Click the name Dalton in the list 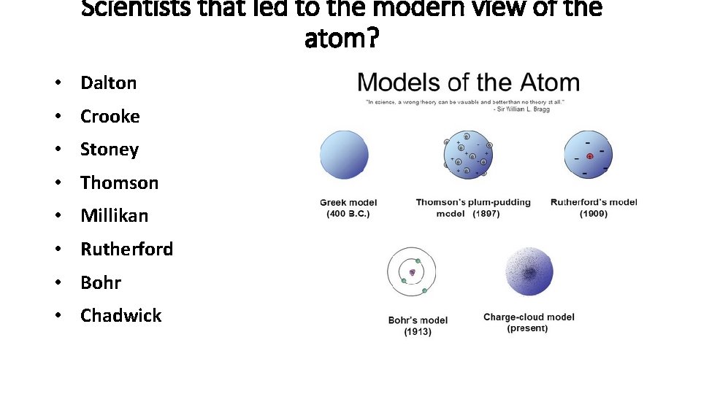pyautogui.click(x=108, y=83)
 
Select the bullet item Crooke pyautogui.click(x=110, y=117)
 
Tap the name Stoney pyautogui.click(x=109, y=150)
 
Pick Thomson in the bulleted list pyautogui.click(x=119, y=183)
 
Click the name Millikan pyautogui.click(x=114, y=216)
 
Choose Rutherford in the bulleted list pyautogui.click(x=126, y=250)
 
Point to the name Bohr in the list pyautogui.click(x=101, y=282)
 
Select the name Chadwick pyautogui.click(x=120, y=316)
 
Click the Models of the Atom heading pyautogui.click(x=468, y=82)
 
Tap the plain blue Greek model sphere pyautogui.click(x=345, y=155)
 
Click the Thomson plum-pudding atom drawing pyautogui.click(x=468, y=155)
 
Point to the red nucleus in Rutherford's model pyautogui.click(x=589, y=156)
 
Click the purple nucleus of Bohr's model pyautogui.click(x=412, y=272)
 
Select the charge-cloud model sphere pyautogui.click(x=529, y=272)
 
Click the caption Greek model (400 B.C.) pyautogui.click(x=348, y=208)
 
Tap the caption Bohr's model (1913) pyautogui.click(x=418, y=325)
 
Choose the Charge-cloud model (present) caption pyautogui.click(x=529, y=322)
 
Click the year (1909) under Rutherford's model pyautogui.click(x=594, y=214)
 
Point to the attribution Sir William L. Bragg pyautogui.click(x=525, y=109)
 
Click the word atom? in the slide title pyautogui.click(x=342, y=38)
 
